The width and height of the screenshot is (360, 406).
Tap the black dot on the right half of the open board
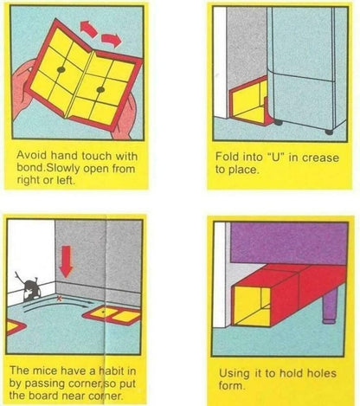tap(100, 90)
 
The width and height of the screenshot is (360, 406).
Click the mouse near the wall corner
tap(32, 283)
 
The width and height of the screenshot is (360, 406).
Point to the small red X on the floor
tap(59, 297)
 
